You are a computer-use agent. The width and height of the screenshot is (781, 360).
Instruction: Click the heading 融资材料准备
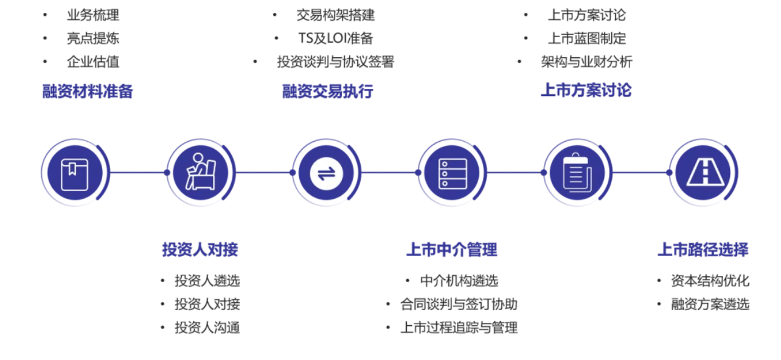pyautogui.click(x=88, y=91)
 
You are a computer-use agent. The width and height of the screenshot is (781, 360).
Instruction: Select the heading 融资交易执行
pyautogui.click(x=328, y=91)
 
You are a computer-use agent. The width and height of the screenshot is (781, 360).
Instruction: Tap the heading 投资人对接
pyautogui.click(x=200, y=249)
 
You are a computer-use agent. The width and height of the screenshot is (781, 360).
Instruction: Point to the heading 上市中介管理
pyautogui.click(x=452, y=249)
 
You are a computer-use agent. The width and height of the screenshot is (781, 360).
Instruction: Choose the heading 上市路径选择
pyautogui.click(x=703, y=249)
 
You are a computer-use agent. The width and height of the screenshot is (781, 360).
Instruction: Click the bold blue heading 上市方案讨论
pyautogui.click(x=586, y=90)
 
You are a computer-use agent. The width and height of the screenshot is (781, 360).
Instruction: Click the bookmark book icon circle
pyautogui.click(x=75, y=173)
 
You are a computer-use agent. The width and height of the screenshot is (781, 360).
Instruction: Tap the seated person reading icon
pyautogui.click(x=201, y=173)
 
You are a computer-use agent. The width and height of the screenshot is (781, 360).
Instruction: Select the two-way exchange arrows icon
pyautogui.click(x=327, y=173)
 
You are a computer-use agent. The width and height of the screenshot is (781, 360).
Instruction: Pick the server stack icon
pyautogui.click(x=452, y=173)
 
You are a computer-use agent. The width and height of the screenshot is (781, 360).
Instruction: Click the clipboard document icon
pyautogui.click(x=578, y=173)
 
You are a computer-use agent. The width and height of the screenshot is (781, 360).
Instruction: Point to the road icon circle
pyautogui.click(x=704, y=173)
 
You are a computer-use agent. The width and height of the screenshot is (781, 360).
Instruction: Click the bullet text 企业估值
pyautogui.click(x=93, y=61)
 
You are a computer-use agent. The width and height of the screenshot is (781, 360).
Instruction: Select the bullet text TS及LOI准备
pyautogui.click(x=336, y=38)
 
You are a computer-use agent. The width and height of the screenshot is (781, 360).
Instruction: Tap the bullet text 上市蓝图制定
pyautogui.click(x=587, y=38)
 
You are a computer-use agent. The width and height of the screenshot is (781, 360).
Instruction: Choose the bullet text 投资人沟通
pyautogui.click(x=207, y=328)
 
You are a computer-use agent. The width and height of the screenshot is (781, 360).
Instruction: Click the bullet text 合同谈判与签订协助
pyautogui.click(x=459, y=304)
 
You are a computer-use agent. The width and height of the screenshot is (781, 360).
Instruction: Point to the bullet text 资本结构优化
pyautogui.click(x=710, y=281)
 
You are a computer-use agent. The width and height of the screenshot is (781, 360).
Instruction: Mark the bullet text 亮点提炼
pyautogui.click(x=93, y=38)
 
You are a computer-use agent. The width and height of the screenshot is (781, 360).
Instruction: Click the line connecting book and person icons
pyautogui.click(x=139, y=173)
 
